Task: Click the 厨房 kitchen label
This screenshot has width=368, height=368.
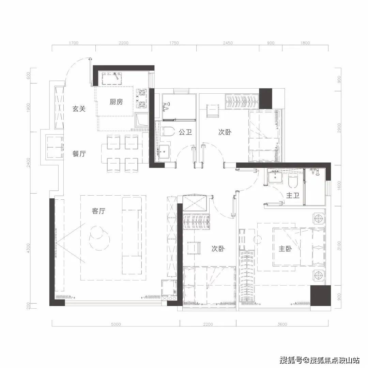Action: click(x=116, y=102)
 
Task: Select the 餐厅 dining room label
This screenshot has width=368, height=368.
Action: click(x=79, y=154)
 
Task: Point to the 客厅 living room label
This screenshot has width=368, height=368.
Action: click(x=98, y=211)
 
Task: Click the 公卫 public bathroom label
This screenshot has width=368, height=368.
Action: click(x=185, y=132)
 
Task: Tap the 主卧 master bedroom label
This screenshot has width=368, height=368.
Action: click(x=285, y=249)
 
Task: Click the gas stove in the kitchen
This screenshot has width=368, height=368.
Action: click(x=142, y=98)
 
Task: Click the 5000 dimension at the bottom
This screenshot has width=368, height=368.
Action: click(x=116, y=324)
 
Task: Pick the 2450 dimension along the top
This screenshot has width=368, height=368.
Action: click(x=228, y=43)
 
